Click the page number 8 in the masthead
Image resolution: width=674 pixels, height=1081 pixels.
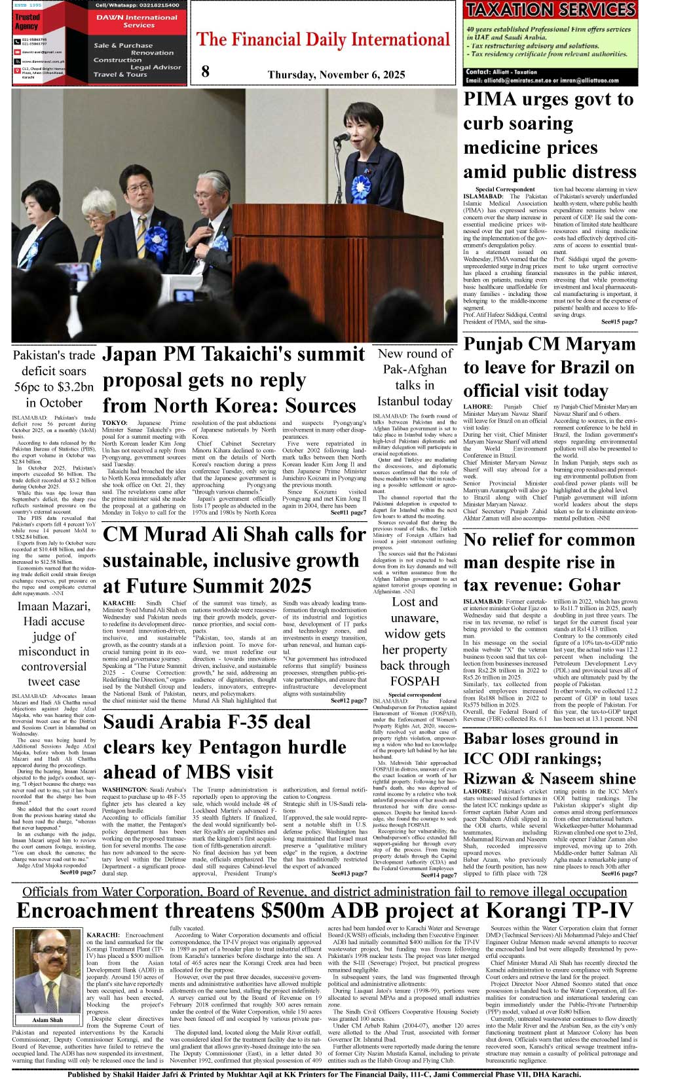point(206,71)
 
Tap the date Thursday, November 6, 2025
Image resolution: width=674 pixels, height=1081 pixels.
point(336,75)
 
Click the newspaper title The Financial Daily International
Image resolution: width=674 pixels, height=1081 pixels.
point(323,40)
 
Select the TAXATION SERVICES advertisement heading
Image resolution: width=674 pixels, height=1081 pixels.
point(550,10)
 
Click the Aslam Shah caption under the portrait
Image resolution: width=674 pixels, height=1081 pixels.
point(48,1019)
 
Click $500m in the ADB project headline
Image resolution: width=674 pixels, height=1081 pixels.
point(301,911)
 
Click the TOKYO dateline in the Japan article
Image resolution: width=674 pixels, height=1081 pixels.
point(115,423)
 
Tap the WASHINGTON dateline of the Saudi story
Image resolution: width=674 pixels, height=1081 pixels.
point(124,790)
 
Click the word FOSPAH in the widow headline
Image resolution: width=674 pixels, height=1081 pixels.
point(415,682)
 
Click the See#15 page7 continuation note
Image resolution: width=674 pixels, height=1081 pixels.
point(618,321)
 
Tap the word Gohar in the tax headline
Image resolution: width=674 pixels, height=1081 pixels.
point(592,585)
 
